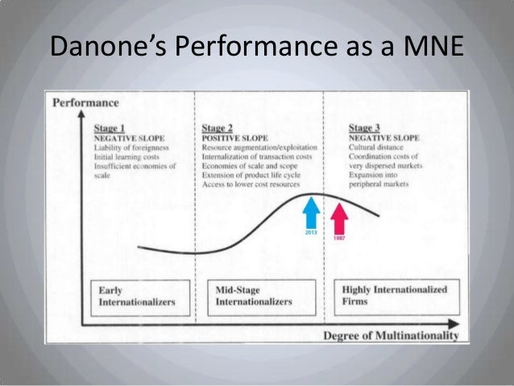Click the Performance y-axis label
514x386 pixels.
[x=85, y=102]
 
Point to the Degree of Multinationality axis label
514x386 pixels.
[x=392, y=334]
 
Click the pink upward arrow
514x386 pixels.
[x=339, y=214]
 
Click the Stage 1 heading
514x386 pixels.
[x=109, y=127]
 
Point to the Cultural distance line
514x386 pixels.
[x=375, y=147]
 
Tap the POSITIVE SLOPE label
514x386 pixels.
[x=230, y=137]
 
